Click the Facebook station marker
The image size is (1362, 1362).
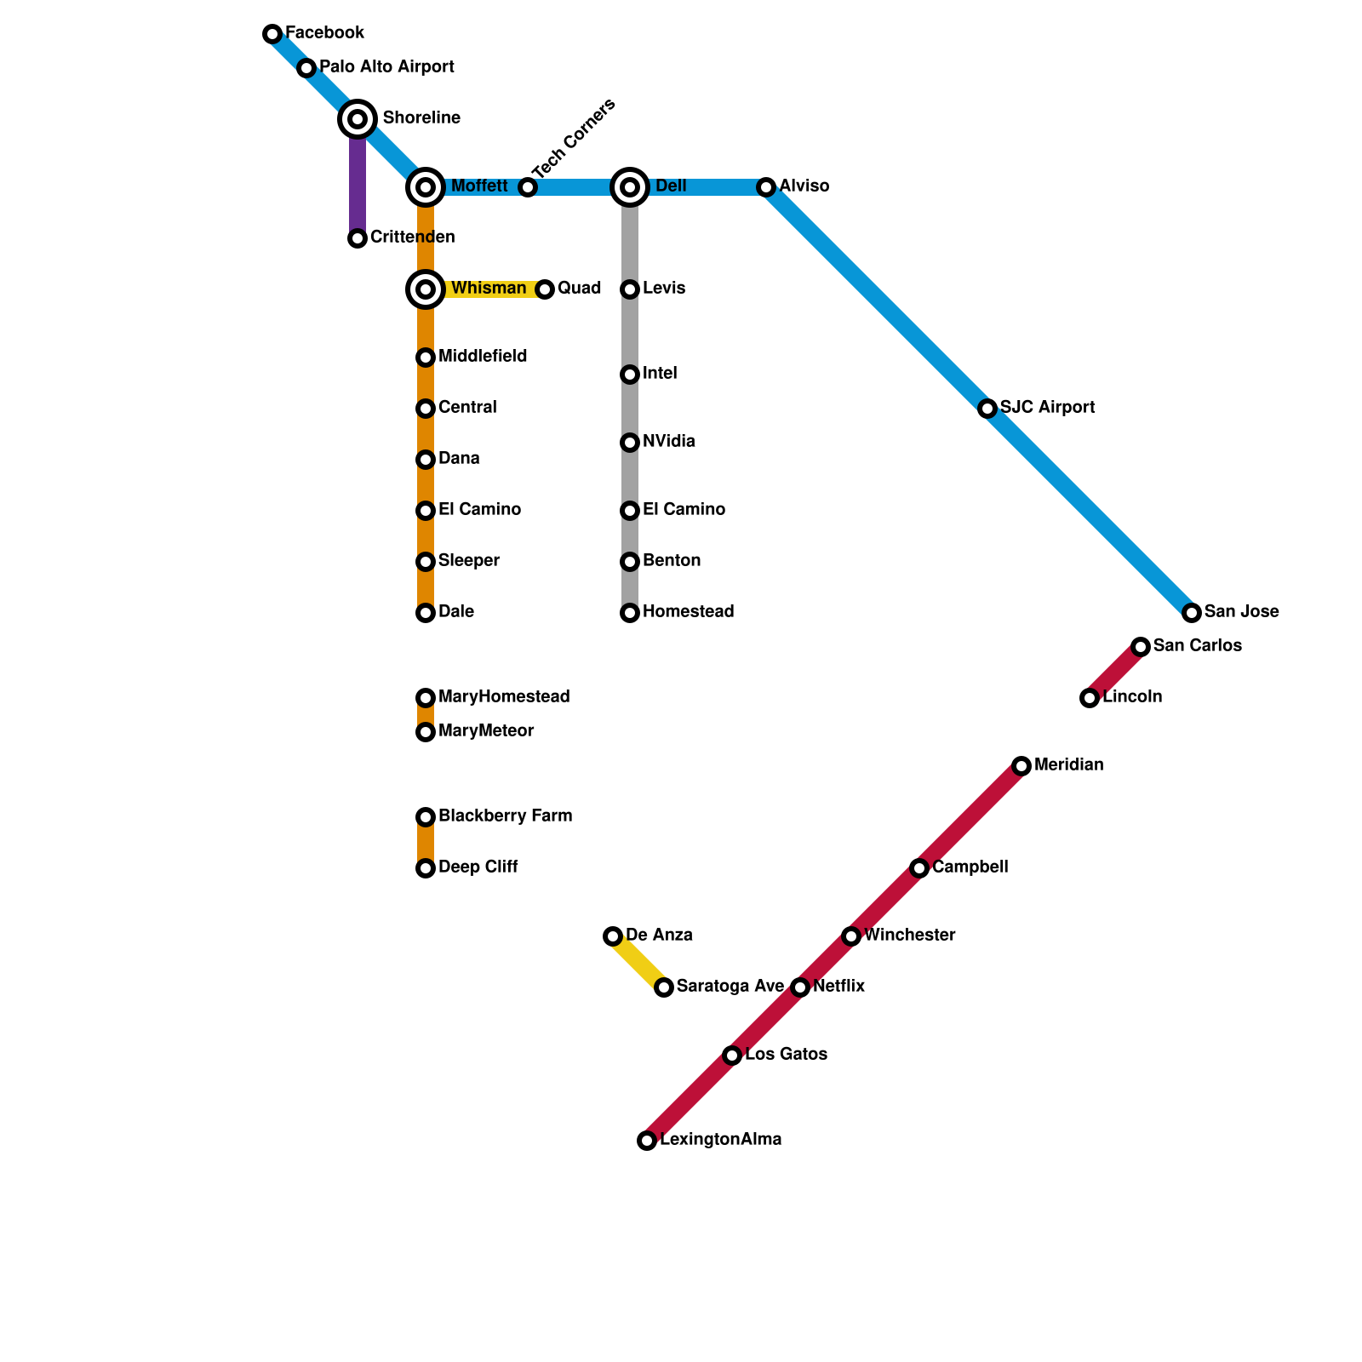[272, 34]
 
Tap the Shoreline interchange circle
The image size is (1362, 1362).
[358, 119]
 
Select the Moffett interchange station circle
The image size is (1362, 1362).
[426, 187]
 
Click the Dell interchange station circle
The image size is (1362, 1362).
[630, 187]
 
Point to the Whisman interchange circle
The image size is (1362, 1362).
[426, 289]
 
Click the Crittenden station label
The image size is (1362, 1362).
[412, 237]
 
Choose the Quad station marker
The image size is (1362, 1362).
[545, 289]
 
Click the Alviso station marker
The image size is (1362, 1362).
[766, 187]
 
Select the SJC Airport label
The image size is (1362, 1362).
[1047, 408]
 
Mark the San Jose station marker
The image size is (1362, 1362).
[1192, 613]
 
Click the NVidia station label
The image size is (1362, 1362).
[669, 442]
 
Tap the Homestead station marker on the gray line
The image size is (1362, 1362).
[630, 613]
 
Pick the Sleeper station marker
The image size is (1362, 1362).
[426, 562]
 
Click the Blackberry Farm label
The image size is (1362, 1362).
[505, 816]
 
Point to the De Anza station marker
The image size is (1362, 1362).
[613, 936]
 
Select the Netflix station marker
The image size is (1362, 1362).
[800, 987]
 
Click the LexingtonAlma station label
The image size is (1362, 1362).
[720, 1140]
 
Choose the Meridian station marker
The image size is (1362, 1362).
[1021, 766]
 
